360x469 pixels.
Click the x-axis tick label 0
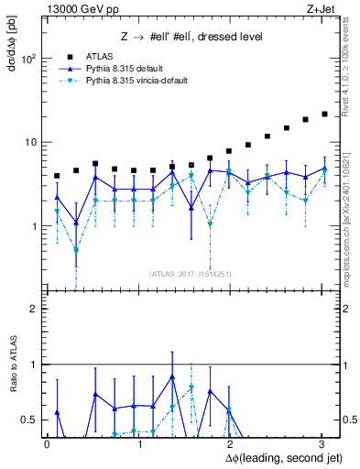(x=47, y=443)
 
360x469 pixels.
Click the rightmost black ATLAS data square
(x=324, y=115)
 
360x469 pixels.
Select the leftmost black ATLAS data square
(x=57, y=176)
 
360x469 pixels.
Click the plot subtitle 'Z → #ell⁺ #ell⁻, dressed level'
(x=192, y=37)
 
